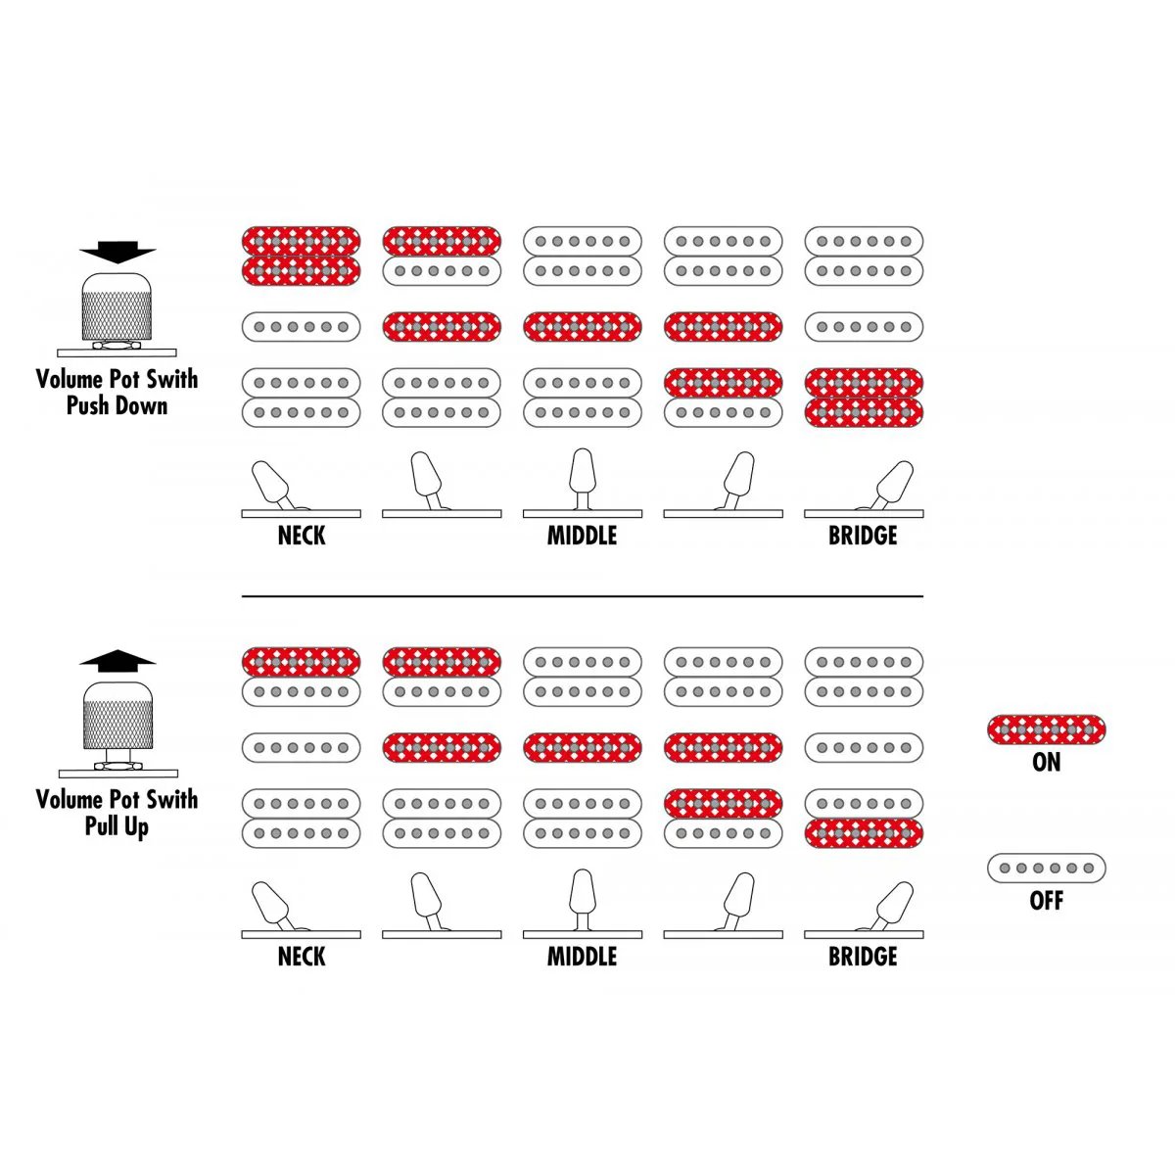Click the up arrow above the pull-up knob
point(117,660)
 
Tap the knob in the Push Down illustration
point(117,306)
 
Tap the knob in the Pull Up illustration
point(117,715)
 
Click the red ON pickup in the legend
point(1046,729)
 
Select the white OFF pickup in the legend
point(1046,868)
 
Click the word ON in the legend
point(1046,762)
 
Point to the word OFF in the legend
point(1046,901)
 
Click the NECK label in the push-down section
point(302,536)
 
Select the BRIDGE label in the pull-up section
point(863,956)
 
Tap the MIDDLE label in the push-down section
point(582,536)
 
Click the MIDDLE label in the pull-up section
point(582,956)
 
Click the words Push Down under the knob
point(117,405)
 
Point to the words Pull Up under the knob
point(117,826)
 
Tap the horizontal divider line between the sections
point(583,595)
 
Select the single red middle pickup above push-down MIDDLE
point(583,326)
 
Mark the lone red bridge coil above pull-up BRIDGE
point(864,833)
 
